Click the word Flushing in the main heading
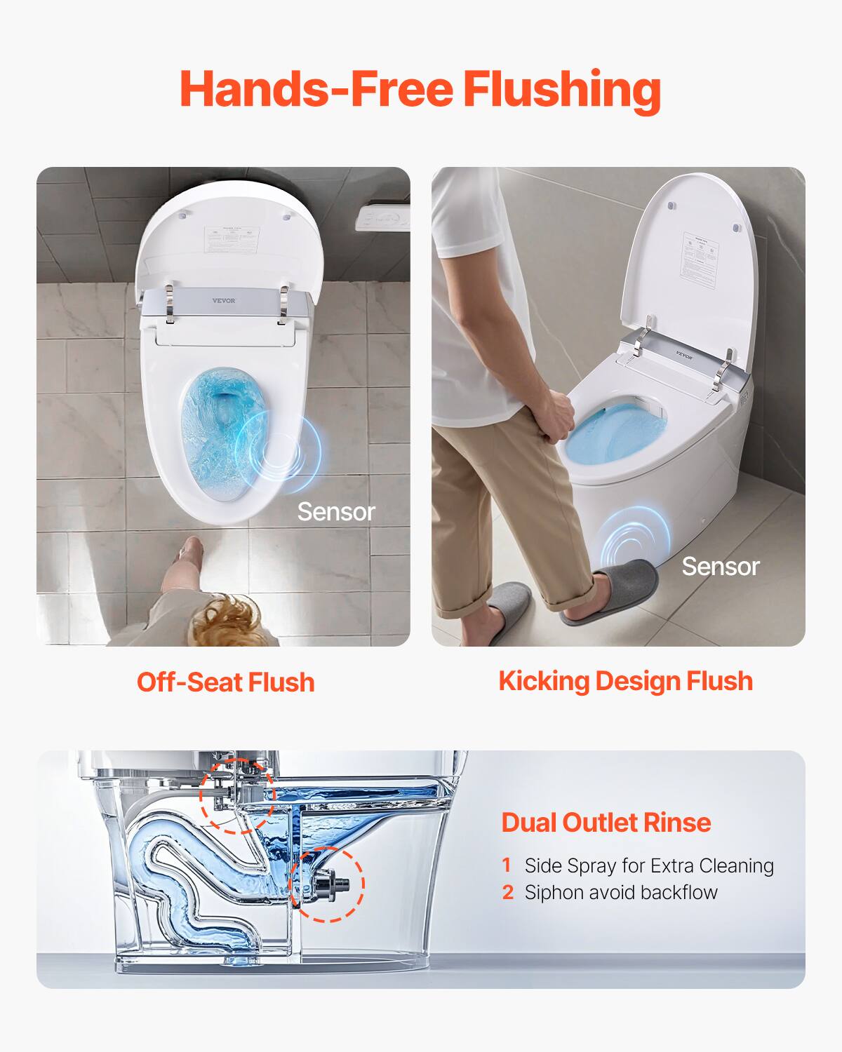(x=561, y=90)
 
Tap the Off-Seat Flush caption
(x=225, y=682)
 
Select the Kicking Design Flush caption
(x=625, y=681)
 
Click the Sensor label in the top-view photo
(x=336, y=512)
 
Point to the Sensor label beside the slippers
(x=721, y=567)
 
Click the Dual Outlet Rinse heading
(x=606, y=822)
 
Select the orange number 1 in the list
(x=507, y=865)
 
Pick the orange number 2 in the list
(x=508, y=893)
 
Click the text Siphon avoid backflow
(x=621, y=893)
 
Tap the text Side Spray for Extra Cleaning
(x=649, y=865)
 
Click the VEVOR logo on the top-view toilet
(x=225, y=301)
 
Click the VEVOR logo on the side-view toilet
(x=684, y=356)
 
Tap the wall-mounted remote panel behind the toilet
(x=382, y=219)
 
